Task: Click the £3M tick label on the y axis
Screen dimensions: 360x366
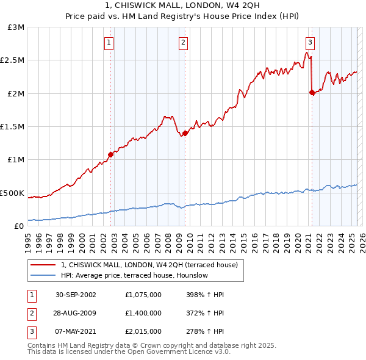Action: point(16,27)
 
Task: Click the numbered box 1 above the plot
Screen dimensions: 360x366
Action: point(109,42)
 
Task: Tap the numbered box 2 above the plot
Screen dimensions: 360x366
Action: point(183,42)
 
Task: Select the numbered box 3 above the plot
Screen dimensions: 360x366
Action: point(310,42)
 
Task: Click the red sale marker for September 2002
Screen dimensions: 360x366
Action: point(110,154)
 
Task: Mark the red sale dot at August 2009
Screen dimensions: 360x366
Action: point(185,133)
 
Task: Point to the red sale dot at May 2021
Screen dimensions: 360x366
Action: point(312,92)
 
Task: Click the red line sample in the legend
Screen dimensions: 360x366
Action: point(43,265)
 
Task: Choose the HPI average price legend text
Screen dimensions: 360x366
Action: point(135,275)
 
